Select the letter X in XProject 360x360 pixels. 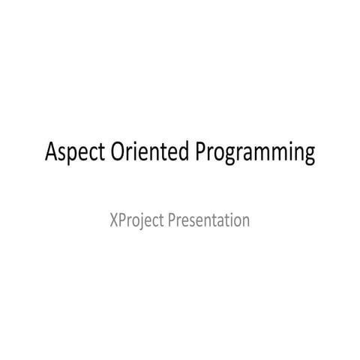(113, 220)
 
